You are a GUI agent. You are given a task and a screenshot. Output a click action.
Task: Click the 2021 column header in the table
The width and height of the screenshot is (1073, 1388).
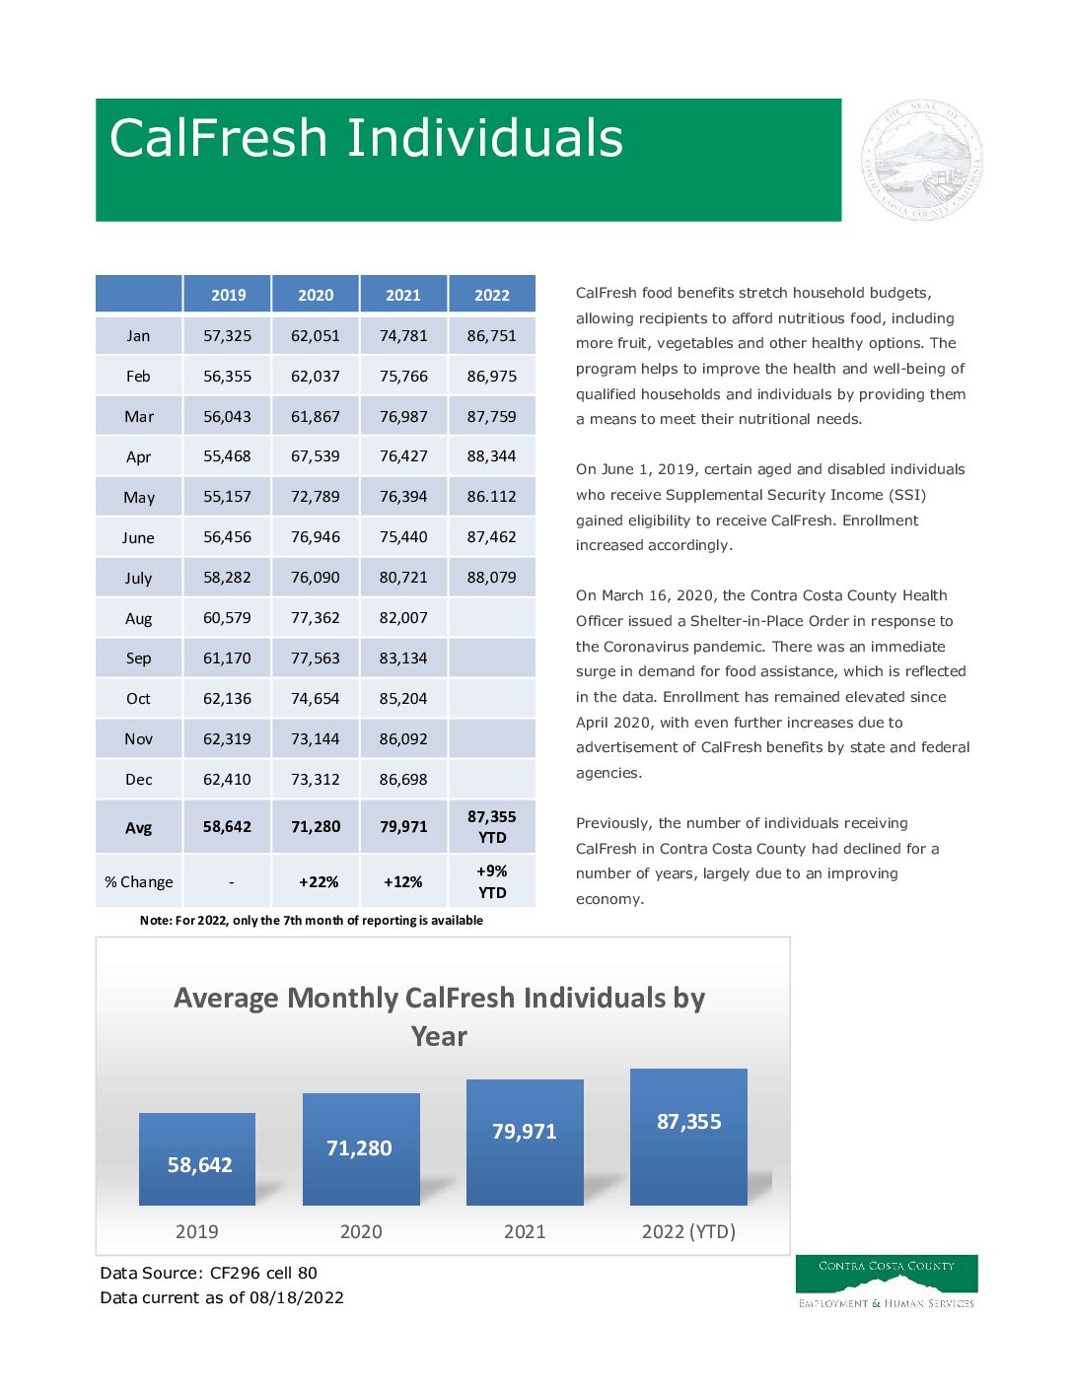pos(403,295)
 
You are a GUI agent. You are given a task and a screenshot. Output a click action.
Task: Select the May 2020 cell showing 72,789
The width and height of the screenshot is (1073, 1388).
pos(316,497)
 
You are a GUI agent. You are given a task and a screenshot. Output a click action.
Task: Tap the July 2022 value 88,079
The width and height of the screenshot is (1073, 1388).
pos(491,578)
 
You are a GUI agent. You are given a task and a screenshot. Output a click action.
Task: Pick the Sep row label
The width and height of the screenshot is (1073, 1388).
pos(138,659)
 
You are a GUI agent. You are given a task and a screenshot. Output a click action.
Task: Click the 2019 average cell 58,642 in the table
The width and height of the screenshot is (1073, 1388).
pos(227,827)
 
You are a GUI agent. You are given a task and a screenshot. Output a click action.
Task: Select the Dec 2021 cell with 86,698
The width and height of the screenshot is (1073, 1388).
pos(403,780)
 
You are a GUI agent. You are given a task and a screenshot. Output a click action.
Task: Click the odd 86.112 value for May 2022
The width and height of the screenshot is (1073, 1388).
pos(491,497)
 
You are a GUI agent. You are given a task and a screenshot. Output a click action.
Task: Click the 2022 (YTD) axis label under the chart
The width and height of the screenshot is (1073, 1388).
pos(688,1231)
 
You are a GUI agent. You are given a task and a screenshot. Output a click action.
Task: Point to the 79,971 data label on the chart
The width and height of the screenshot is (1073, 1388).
pos(525,1132)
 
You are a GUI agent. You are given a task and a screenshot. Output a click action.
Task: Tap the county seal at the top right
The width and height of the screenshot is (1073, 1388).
pos(921,161)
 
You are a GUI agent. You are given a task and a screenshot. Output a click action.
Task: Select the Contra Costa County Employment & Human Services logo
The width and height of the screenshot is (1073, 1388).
pos(887,1282)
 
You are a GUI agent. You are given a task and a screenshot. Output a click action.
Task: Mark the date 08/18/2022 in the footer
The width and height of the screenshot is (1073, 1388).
pos(297,1297)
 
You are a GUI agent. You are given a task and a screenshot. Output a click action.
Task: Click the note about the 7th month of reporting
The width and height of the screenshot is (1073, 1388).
pos(312,921)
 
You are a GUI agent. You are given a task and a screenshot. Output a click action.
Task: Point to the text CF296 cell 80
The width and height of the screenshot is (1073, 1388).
pos(263,1273)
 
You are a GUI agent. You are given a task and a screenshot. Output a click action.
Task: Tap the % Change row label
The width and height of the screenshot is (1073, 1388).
pos(139,882)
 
